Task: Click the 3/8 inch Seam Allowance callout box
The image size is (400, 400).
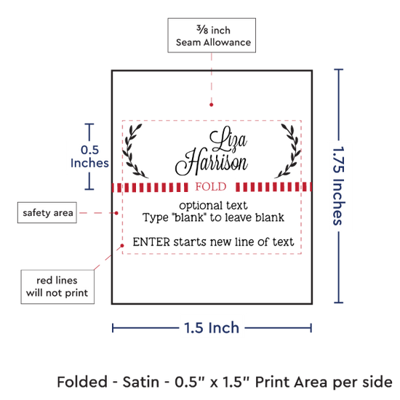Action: (212, 35)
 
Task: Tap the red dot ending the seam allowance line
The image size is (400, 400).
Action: (211, 105)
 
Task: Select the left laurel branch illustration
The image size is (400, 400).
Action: (135, 151)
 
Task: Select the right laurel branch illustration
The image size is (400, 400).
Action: (288, 151)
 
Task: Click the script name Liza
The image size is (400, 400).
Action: (228, 140)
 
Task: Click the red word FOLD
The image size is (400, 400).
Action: (211, 187)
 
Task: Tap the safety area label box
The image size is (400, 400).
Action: (47, 212)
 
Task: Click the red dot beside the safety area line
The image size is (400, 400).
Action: (116, 213)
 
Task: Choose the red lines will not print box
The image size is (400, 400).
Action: (57, 287)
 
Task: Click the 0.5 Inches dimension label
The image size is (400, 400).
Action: (89, 156)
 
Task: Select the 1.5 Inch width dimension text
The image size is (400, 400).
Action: (212, 328)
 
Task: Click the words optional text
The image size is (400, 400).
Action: (213, 205)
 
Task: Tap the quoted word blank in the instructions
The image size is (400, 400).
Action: (189, 217)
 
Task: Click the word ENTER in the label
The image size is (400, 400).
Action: (151, 242)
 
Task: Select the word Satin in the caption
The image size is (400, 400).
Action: (141, 382)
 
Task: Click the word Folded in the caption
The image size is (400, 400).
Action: (82, 382)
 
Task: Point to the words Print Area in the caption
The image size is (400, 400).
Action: (291, 382)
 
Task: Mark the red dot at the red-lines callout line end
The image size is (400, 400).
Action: (122, 245)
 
